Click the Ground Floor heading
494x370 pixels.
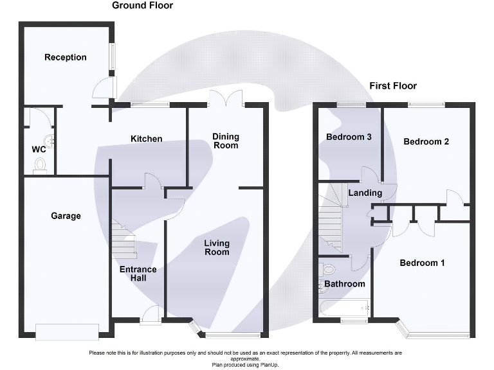tap(142, 6)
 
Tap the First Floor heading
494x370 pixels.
tap(393, 86)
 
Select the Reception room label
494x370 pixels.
tap(65, 57)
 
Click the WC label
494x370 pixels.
tap(39, 150)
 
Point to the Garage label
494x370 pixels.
tap(66, 216)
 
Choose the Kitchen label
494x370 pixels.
tap(147, 139)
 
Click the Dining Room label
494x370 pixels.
tap(226, 141)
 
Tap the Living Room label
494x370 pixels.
tap(217, 247)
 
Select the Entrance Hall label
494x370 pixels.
tap(138, 274)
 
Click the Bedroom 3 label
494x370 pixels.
tap(349, 137)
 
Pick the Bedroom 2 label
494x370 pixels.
tap(426, 141)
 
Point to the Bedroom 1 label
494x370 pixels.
tap(422, 263)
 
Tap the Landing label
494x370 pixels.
tap(365, 193)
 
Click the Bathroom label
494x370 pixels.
tap(344, 284)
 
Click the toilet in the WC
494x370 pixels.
tap(40, 166)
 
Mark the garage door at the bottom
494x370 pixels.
tap(67, 331)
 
